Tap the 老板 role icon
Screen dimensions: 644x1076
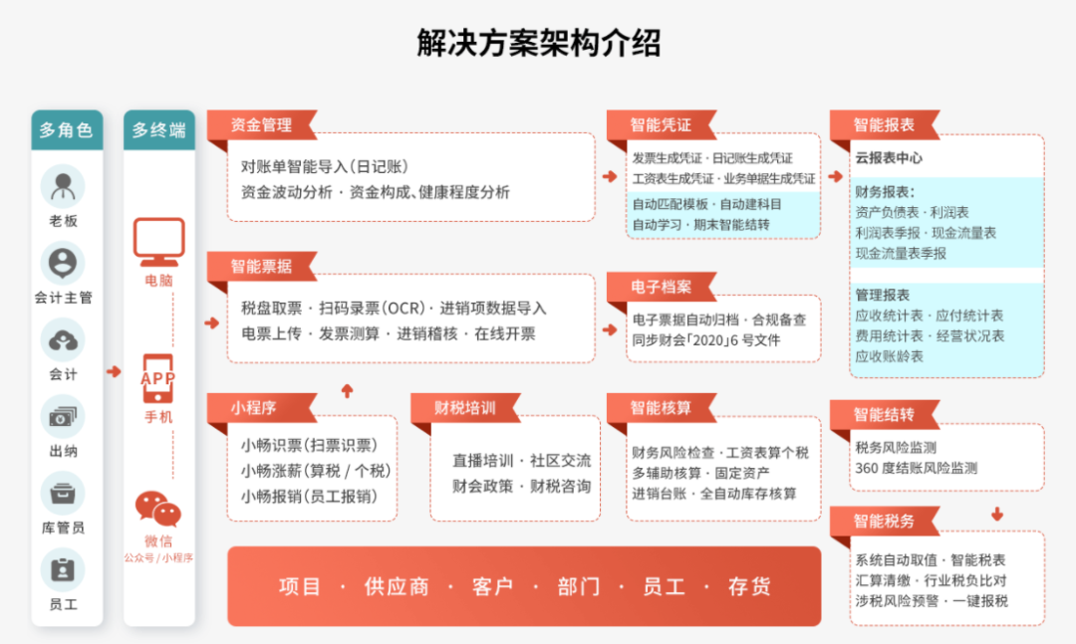pos(63,186)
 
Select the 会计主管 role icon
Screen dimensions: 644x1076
pos(63,263)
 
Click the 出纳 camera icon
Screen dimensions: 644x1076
pos(63,416)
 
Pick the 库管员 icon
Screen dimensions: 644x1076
pos(63,493)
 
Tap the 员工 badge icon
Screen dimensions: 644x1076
pos(63,569)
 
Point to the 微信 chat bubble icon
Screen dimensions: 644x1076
pos(158,509)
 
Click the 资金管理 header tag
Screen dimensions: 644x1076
pos(261,125)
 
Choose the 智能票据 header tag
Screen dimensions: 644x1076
pos(261,266)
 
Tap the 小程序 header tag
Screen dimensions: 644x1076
pos(254,407)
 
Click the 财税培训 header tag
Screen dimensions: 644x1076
pos(464,407)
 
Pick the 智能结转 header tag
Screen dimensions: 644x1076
pos(884,414)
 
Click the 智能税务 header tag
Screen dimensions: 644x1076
pos(884,521)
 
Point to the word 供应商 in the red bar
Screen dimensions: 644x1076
pos(397,586)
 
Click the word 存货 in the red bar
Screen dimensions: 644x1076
pos(749,586)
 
